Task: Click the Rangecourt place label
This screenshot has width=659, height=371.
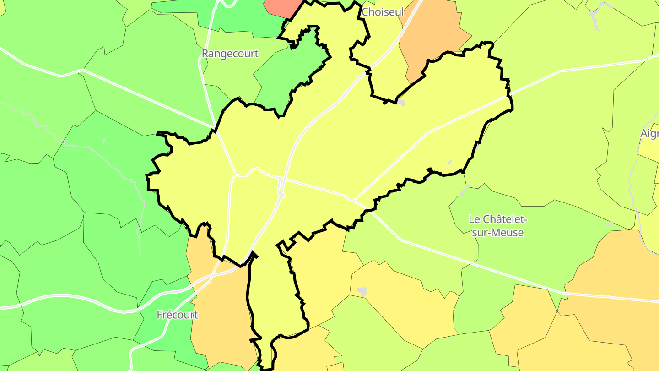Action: click(230, 54)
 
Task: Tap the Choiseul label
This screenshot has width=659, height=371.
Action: click(383, 12)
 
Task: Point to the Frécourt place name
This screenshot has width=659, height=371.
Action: click(178, 315)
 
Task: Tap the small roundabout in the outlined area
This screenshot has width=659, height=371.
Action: click(281, 195)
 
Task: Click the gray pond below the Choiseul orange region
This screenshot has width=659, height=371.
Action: click(401, 102)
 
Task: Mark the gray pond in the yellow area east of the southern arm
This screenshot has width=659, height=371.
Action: click(362, 291)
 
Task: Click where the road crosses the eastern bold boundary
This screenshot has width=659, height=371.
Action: click(508, 96)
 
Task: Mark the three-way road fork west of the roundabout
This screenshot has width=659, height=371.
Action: click(236, 174)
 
